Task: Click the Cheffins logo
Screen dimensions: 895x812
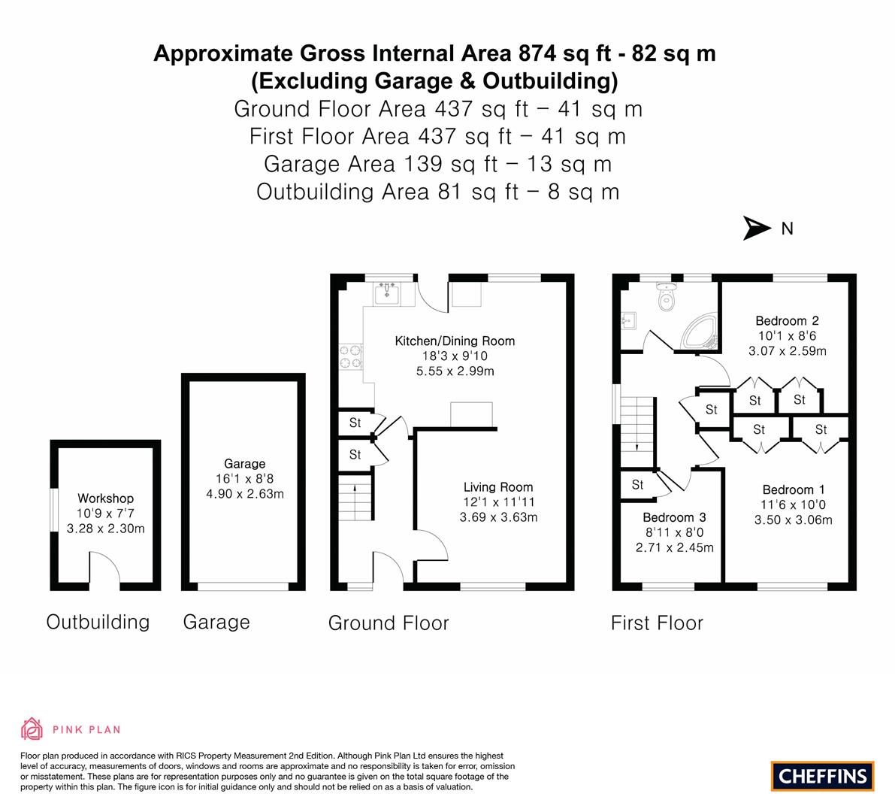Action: [x=822, y=776]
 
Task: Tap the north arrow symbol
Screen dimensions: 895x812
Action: [x=757, y=229]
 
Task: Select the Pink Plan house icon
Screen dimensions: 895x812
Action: [x=32, y=729]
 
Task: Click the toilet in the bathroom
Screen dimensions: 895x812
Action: [x=666, y=296]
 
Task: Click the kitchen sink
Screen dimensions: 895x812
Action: [x=387, y=293]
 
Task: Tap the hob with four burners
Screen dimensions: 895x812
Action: [x=350, y=356]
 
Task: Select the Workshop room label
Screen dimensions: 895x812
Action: [x=106, y=498]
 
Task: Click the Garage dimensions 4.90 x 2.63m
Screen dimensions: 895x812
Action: [x=245, y=494]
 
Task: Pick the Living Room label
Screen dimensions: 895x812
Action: [x=498, y=487]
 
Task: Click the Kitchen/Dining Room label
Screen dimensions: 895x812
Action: [x=455, y=341]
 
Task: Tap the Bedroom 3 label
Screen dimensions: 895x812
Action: [x=674, y=517]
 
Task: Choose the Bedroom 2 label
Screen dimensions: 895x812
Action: [x=787, y=321]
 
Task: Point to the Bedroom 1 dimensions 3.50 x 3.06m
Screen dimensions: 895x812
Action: [x=794, y=520]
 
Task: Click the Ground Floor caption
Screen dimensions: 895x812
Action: [x=389, y=623]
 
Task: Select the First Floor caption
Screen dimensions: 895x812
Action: [x=657, y=623]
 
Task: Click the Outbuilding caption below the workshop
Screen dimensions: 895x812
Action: [x=98, y=623]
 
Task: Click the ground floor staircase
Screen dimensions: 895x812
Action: [x=355, y=497]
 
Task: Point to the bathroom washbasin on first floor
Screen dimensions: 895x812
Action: [x=628, y=322]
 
